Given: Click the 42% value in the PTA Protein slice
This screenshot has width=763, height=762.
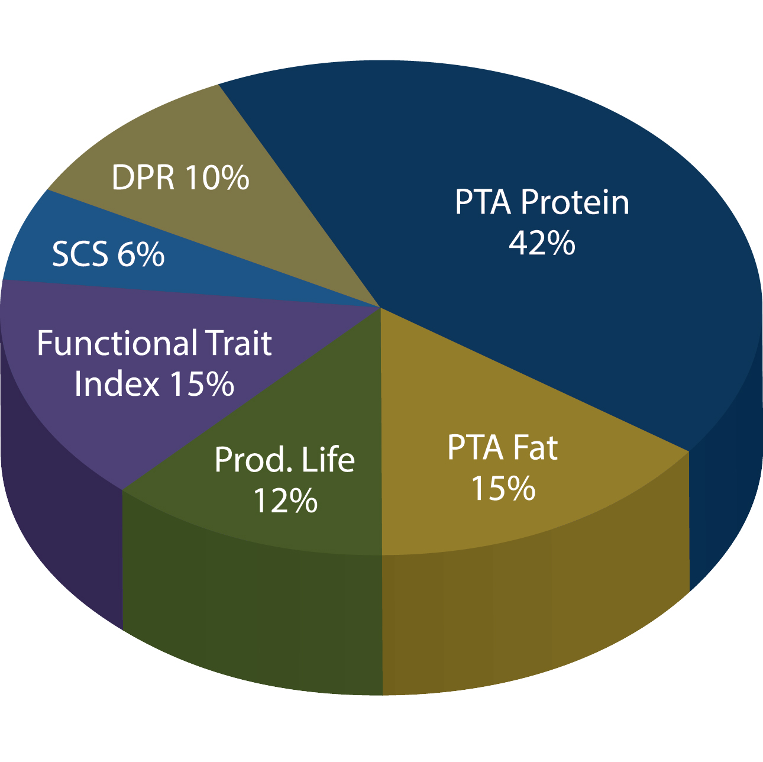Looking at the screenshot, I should [x=542, y=243].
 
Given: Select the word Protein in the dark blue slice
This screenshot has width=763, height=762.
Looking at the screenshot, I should [x=575, y=202].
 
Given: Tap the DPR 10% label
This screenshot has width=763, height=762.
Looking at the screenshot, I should [x=180, y=177].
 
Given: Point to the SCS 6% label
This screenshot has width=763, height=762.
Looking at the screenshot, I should [x=108, y=254].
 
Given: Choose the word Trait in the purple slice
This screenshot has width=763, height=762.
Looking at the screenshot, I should [x=238, y=343].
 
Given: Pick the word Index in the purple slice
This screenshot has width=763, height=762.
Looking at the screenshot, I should [x=117, y=384].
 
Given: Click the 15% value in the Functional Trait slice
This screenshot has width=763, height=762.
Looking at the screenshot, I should [x=202, y=384].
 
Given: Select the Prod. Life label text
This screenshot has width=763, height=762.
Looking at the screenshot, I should [x=284, y=460].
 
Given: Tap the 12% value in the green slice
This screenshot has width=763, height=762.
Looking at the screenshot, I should [x=285, y=501].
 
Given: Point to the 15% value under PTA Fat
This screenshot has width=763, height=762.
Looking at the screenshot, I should [x=503, y=489].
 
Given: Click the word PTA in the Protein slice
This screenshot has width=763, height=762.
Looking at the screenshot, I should [x=482, y=202].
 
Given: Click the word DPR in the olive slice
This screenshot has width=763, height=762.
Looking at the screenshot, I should [x=143, y=177].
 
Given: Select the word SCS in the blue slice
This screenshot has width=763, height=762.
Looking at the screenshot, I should [x=80, y=254].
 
